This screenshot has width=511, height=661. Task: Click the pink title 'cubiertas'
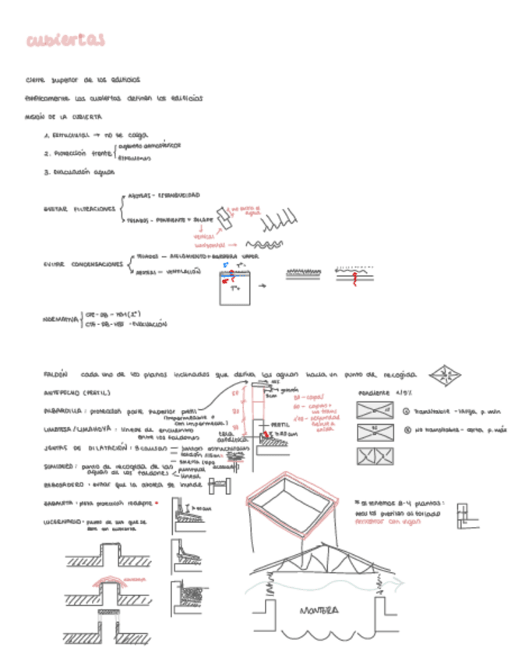pyautogui.click(x=65, y=41)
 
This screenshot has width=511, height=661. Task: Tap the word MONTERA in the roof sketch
pyautogui.click(x=319, y=610)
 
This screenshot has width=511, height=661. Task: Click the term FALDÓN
pyautogui.click(x=55, y=374)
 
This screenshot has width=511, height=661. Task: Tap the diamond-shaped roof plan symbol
pyautogui.click(x=445, y=376)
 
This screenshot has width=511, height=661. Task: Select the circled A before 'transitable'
pyautogui.click(x=407, y=410)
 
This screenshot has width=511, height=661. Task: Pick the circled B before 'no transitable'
pyautogui.click(x=407, y=429)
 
